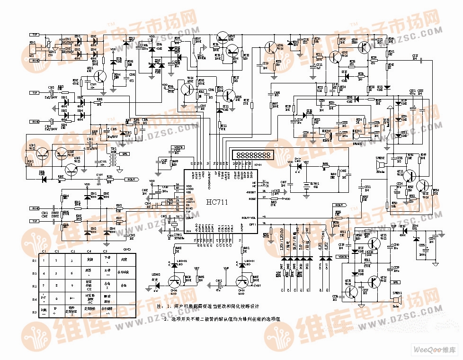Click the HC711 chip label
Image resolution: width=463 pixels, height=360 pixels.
(x=217, y=202)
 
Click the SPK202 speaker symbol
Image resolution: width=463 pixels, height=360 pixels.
(x=379, y=165)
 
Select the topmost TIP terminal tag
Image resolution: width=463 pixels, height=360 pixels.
(x=35, y=35)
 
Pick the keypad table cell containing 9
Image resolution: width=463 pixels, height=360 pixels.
(x=72, y=286)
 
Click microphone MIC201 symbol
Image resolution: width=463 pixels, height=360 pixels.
(x=355, y=135)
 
